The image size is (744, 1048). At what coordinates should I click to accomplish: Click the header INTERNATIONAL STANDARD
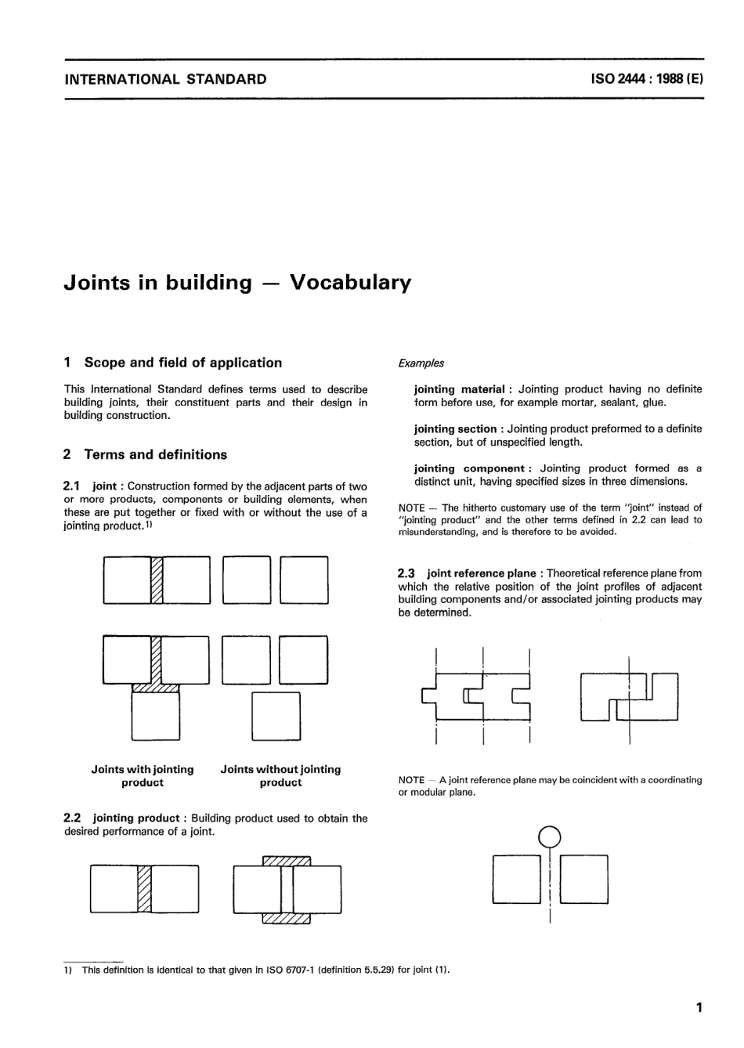tap(165, 79)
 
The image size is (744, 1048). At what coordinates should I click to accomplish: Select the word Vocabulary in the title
tap(350, 283)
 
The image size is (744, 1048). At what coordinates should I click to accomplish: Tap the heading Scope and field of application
tap(182, 363)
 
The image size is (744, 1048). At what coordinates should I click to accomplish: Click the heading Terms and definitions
tap(155, 454)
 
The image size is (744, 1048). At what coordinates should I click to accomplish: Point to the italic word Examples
tap(421, 363)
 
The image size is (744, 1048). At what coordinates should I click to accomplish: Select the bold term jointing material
tap(459, 389)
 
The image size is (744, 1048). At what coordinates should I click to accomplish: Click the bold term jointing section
tap(455, 429)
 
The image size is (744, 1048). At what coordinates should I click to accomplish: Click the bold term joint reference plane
tap(482, 573)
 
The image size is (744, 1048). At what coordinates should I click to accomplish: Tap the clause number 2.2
tap(74, 819)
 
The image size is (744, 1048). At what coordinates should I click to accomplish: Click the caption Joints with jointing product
tap(143, 776)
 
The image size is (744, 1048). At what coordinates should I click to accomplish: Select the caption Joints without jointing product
tap(280, 776)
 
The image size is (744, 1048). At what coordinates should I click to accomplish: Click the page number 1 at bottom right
tap(699, 1008)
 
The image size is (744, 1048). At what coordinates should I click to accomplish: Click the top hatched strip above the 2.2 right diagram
tap(286, 862)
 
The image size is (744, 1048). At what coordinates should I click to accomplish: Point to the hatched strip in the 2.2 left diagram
tap(143, 889)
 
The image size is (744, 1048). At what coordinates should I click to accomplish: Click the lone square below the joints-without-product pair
tap(276, 716)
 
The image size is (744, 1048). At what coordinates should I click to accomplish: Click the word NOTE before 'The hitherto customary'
tap(411, 508)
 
